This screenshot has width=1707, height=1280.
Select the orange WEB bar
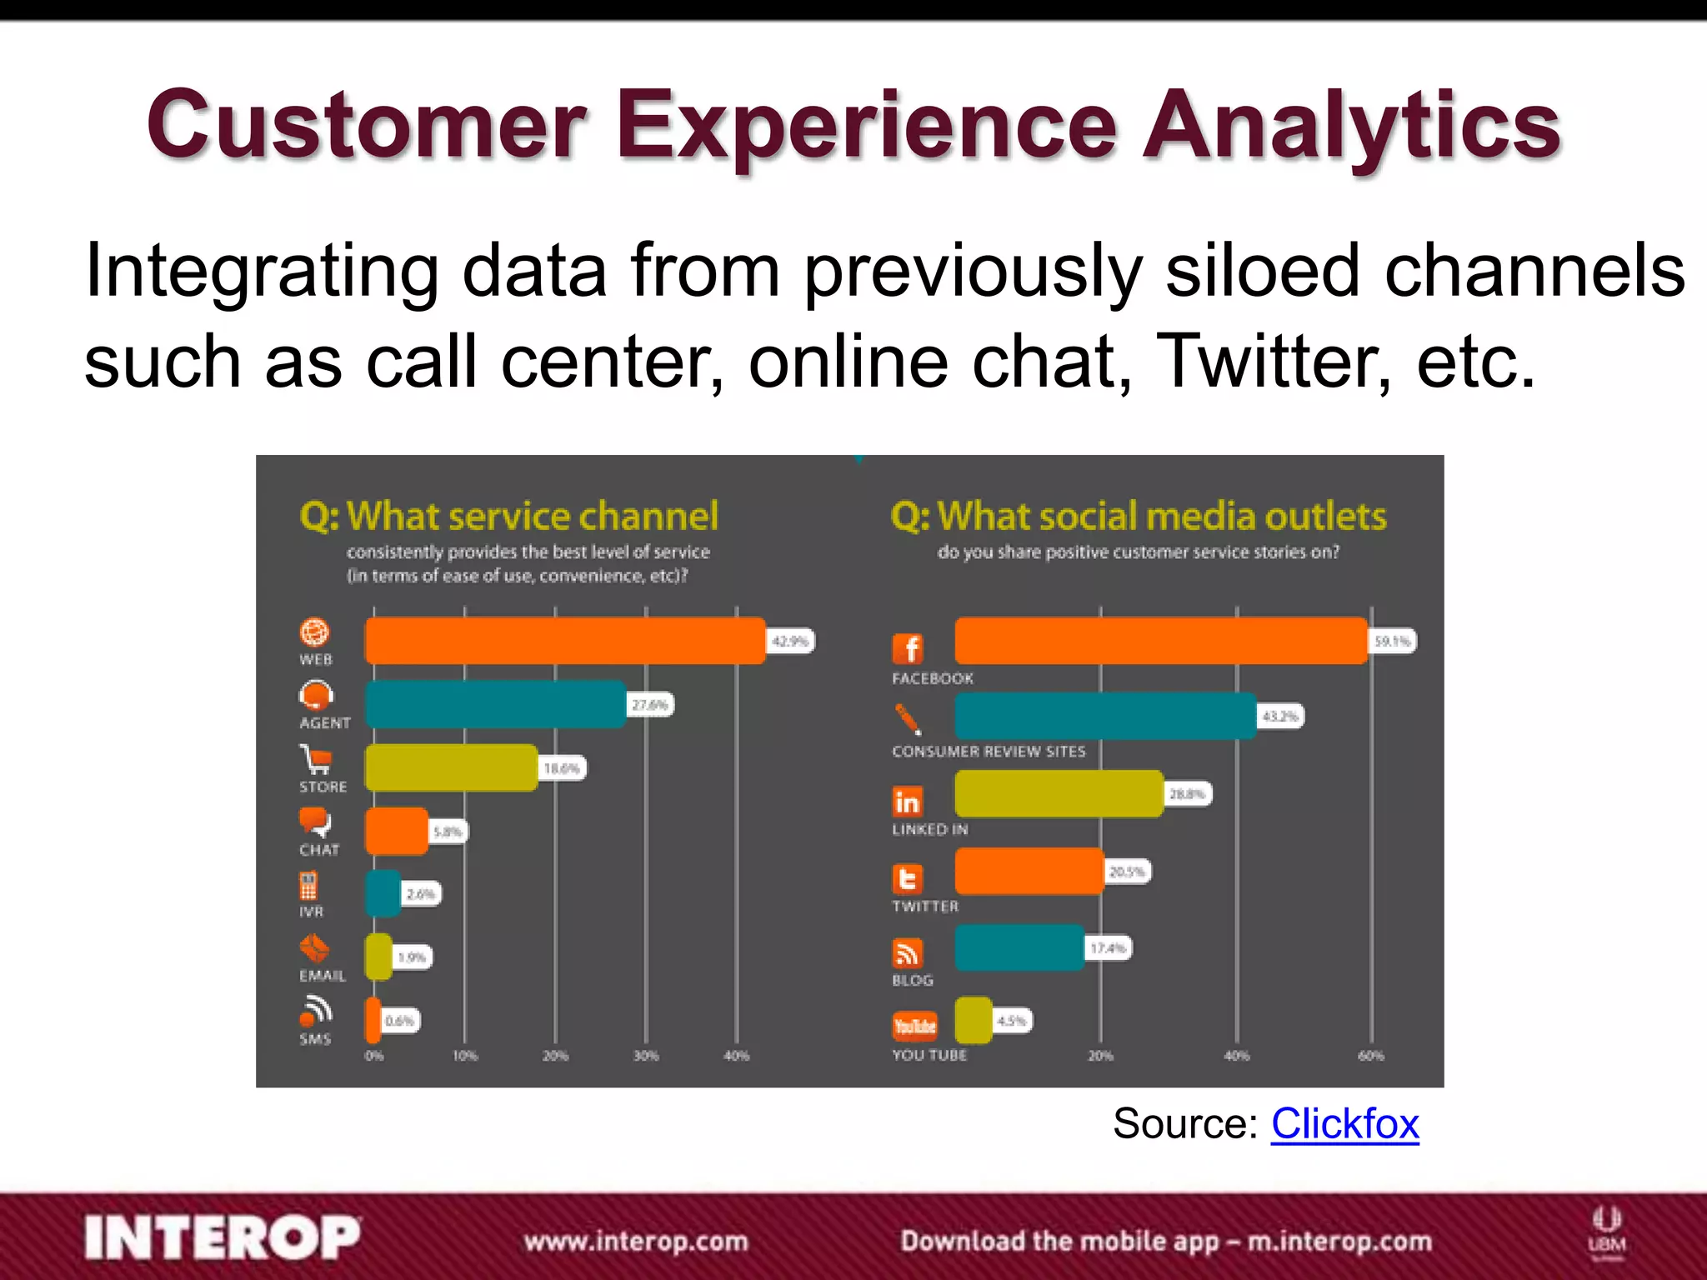564,641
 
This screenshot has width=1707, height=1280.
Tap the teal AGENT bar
495,704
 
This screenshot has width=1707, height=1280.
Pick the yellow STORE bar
451,767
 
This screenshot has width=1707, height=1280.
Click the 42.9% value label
790,641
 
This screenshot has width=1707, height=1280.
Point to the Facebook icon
909,648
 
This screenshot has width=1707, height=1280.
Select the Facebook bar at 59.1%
1160,641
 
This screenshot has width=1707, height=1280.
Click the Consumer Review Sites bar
1104,716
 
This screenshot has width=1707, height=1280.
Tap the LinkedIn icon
908,802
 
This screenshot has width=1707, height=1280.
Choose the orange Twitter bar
1029,871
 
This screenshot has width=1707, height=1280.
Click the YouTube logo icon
914,1026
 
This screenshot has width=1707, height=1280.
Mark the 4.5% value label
1012,1021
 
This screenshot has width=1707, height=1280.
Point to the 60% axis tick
1370,1056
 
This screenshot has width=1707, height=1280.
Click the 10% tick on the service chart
464,1056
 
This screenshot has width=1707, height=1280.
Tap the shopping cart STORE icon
316,759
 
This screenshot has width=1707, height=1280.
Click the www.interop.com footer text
636,1241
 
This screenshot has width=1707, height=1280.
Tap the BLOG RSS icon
908,952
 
